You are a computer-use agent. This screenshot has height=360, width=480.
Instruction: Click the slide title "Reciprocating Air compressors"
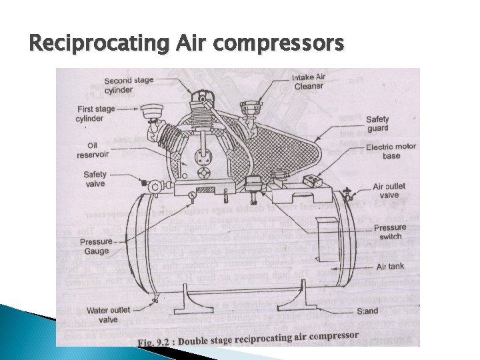[187, 45]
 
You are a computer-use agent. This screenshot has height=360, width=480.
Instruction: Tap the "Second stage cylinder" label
[129, 85]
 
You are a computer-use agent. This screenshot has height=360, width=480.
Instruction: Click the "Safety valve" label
[94, 179]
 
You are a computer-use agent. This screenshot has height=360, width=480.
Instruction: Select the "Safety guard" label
[377, 124]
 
